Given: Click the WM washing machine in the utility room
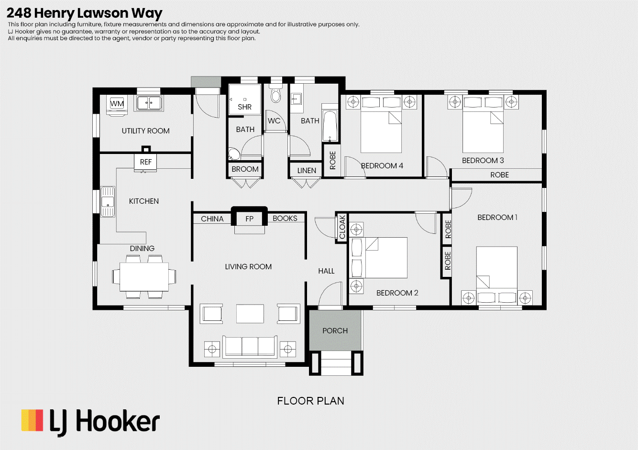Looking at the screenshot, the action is tap(117, 105).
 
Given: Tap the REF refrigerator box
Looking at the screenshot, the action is tap(145, 162).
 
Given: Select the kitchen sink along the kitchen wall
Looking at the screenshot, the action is tap(108, 202).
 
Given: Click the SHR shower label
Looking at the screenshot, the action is tap(245, 107).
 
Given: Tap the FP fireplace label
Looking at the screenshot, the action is tap(249, 219).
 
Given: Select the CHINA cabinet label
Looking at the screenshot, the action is tap(212, 219).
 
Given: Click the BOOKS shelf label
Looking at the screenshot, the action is tap(285, 219).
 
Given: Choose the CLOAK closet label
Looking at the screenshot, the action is tap(342, 227).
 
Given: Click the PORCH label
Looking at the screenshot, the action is tap(335, 330).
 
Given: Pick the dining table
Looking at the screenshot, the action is tap(144, 276).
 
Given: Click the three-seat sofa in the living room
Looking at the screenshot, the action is tap(250, 347).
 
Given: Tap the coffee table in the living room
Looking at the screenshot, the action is tap(250, 314).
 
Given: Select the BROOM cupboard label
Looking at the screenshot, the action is tap(245, 169).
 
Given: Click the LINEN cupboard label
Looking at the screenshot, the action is tap(307, 171).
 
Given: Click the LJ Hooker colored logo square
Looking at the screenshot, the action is tap(32, 420).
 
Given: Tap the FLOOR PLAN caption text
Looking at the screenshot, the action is tap(310, 401).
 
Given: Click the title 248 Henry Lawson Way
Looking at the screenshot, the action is tap(84, 13).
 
